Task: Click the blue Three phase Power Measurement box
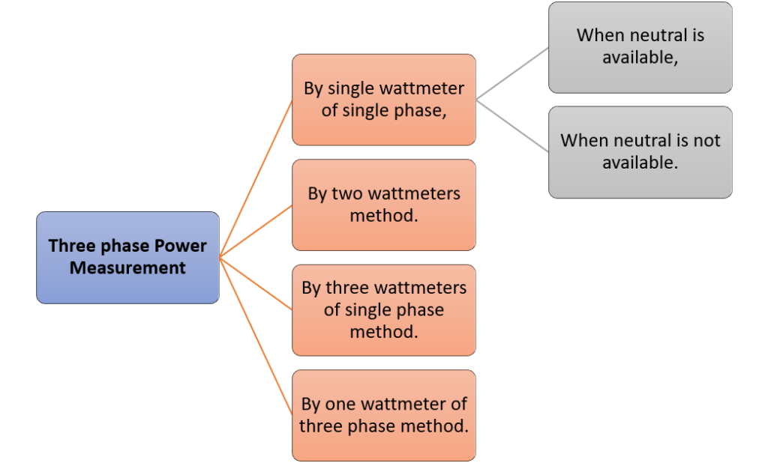[127, 258]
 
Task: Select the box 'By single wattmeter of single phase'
[384, 100]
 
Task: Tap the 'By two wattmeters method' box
[384, 205]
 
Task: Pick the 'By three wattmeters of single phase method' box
[384, 310]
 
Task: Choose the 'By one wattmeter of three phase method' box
[384, 416]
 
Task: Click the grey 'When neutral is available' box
[640, 47]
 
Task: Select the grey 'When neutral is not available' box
[640, 152]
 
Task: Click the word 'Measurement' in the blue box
[127, 268]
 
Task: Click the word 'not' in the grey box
[706, 141]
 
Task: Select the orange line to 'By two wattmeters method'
[256, 231]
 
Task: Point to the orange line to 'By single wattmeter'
[256, 178]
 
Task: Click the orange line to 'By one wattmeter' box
[256, 336]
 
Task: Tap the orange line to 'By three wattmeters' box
[256, 284]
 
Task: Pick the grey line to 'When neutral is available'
[512, 73]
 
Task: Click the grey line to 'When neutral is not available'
[512, 126]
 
